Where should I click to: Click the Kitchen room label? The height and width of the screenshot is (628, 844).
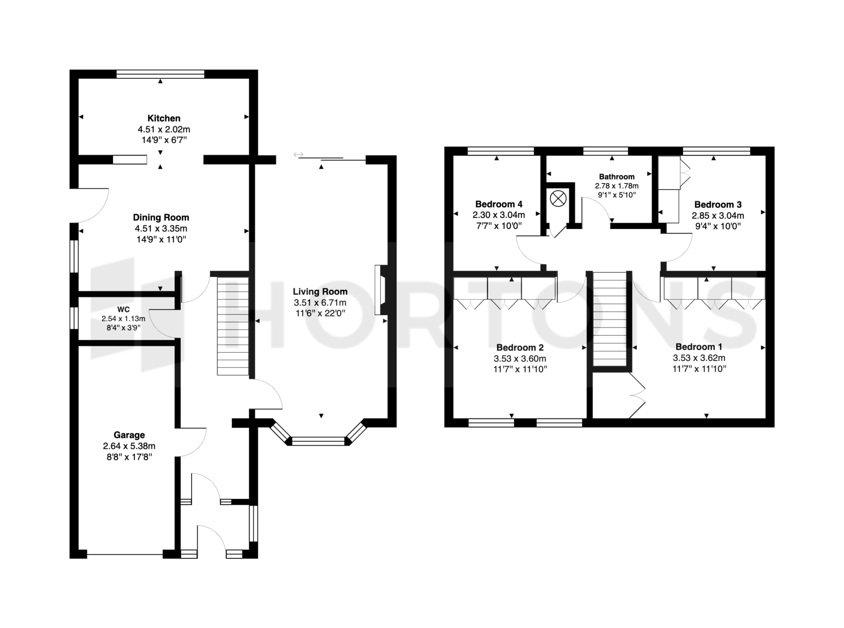pyautogui.click(x=164, y=118)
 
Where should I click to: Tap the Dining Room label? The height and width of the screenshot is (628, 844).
pyautogui.click(x=161, y=217)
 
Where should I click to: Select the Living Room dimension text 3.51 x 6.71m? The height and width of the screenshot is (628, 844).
pyautogui.click(x=320, y=303)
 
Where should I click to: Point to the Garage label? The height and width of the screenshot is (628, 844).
pyautogui.click(x=129, y=435)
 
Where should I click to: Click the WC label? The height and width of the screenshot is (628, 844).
pyautogui.click(x=124, y=310)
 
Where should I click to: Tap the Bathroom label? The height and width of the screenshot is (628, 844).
pyautogui.click(x=617, y=176)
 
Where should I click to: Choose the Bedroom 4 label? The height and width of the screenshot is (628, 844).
pyautogui.click(x=499, y=204)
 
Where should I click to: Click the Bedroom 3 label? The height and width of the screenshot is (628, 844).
pyautogui.click(x=718, y=205)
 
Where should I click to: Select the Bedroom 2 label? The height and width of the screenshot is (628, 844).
pyautogui.click(x=520, y=348)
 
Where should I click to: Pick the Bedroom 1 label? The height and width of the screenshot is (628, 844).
pyautogui.click(x=699, y=347)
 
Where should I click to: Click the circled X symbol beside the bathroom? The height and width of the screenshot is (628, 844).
pyautogui.click(x=558, y=198)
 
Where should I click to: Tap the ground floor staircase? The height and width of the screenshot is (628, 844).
pyautogui.click(x=233, y=326)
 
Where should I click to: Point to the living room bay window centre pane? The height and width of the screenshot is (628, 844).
pyautogui.click(x=319, y=441)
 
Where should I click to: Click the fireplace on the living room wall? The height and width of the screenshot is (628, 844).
pyautogui.click(x=380, y=290)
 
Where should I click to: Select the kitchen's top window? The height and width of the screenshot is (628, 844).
pyautogui.click(x=160, y=74)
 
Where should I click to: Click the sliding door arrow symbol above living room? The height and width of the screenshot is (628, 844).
pyautogui.click(x=298, y=154)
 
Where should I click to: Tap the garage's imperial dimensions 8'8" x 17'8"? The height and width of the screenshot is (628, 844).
pyautogui.click(x=129, y=457)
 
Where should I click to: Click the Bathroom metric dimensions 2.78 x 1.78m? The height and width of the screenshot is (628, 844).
pyautogui.click(x=617, y=186)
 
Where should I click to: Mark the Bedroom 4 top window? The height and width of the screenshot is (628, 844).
pyautogui.click(x=501, y=151)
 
